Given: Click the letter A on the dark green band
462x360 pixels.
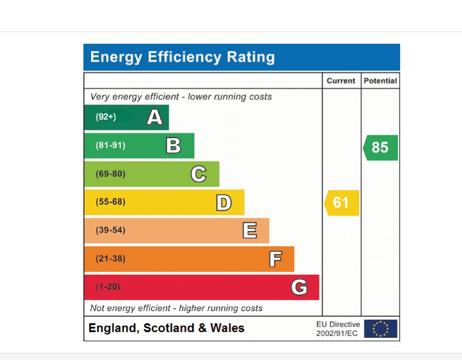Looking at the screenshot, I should pyautogui.click(x=155, y=117).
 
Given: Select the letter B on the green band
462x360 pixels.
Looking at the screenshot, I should pyautogui.click(x=173, y=145).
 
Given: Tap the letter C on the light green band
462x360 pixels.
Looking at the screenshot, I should pyautogui.click(x=198, y=174).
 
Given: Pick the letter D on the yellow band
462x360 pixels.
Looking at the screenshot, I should pyautogui.click(x=223, y=202).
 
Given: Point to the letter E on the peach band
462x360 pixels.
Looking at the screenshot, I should pyautogui.click(x=250, y=230).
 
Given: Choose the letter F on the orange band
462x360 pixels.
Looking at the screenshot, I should pyautogui.click(x=275, y=258).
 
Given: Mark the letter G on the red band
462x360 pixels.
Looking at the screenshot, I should pyautogui.click(x=299, y=287).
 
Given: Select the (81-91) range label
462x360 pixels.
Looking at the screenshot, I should pyautogui.click(x=110, y=145).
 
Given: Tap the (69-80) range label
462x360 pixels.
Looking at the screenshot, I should pyautogui.click(x=110, y=174).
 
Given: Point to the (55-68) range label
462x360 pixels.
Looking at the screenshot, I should pyautogui.click(x=110, y=202).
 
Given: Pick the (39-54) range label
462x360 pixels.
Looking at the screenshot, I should pyautogui.click(x=110, y=230).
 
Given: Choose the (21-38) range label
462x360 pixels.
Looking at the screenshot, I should pyautogui.click(x=110, y=258).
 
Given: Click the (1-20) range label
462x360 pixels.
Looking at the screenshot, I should pyautogui.click(x=108, y=287).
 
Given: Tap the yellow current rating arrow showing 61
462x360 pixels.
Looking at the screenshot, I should pyautogui.click(x=342, y=202).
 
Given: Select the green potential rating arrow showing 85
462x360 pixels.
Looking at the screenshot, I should pyautogui.click(x=380, y=148).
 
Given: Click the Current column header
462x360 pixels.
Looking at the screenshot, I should pyautogui.click(x=341, y=81).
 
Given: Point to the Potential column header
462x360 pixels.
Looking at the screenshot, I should pyautogui.click(x=380, y=81).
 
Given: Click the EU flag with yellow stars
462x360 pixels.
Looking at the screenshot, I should pyautogui.click(x=380, y=328).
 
